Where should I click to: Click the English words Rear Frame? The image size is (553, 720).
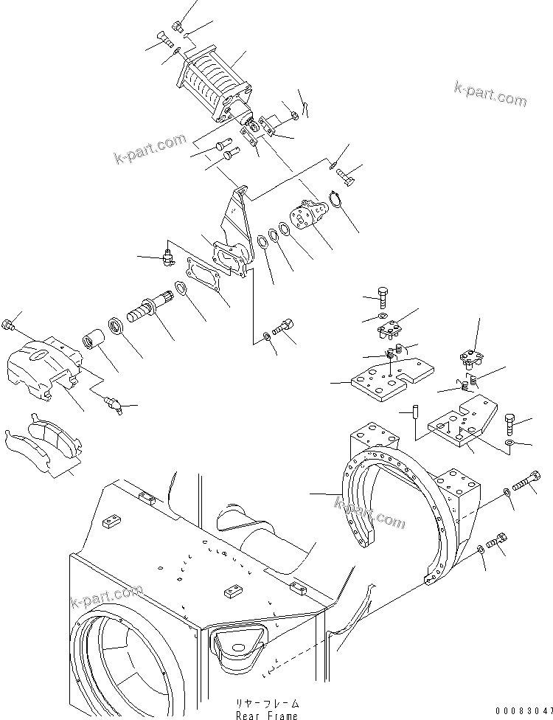click(x=267, y=715)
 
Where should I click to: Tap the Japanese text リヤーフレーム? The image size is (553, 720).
click(x=267, y=704)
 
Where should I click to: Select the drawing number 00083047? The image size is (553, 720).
click(x=523, y=710)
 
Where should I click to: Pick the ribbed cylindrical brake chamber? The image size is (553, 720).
click(x=210, y=83)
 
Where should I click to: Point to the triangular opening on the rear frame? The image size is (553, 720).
click(x=238, y=645)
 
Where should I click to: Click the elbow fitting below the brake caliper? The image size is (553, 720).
click(x=113, y=402)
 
